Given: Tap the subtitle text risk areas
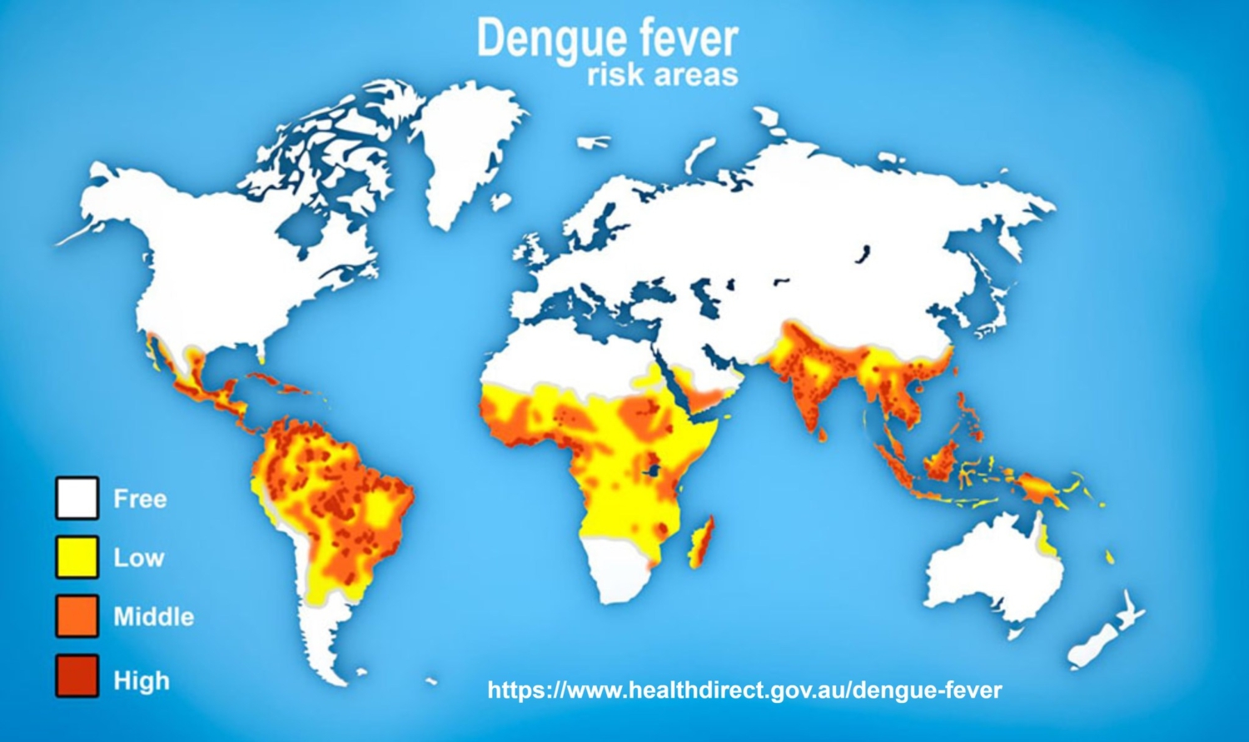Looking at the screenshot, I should coord(662,75).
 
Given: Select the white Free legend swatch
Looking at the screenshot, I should coord(77,498).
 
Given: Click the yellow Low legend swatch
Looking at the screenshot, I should coord(77,557).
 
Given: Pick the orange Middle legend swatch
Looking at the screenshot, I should coord(77,616).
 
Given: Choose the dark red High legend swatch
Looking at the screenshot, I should coord(77,675).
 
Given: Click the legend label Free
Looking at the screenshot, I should coord(140,499).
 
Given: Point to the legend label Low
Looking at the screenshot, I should coord(138,558).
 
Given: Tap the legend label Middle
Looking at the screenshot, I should coord(153,617).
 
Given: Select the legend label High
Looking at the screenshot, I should coord(142,680).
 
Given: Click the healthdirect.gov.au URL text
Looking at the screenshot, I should coord(744,690).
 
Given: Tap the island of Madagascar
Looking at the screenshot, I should coord(702,541).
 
